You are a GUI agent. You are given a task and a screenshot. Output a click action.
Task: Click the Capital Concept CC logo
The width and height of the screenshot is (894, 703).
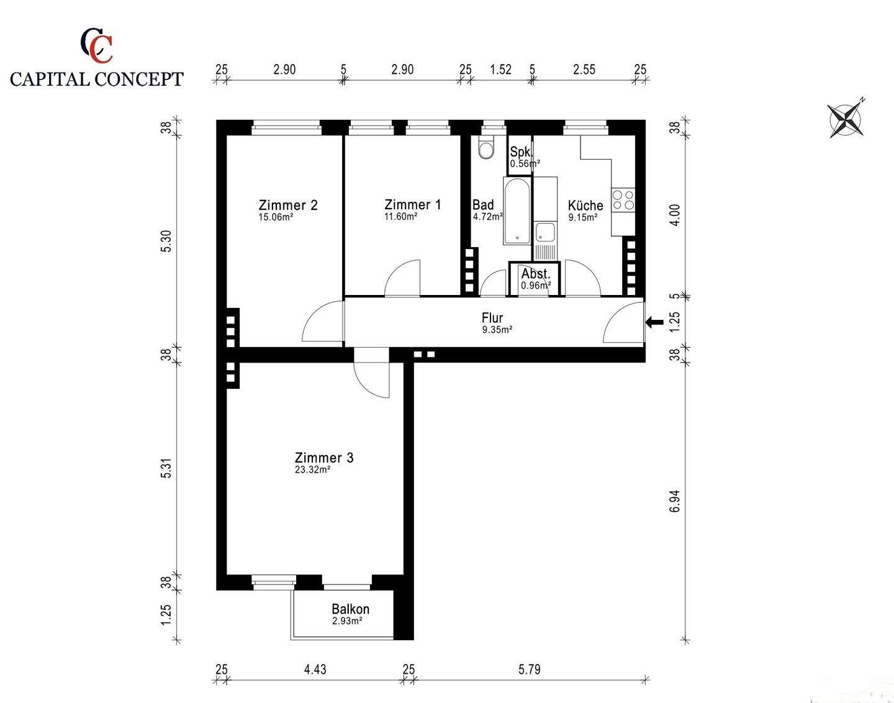point(96,45)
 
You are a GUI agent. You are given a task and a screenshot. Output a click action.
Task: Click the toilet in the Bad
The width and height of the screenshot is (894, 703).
point(485,148)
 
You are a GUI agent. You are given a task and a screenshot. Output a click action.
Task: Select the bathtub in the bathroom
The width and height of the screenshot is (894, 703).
point(517,211)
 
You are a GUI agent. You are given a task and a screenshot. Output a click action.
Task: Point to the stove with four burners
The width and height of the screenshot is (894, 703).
point(623,200)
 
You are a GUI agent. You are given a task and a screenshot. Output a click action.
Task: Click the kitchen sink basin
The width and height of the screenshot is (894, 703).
point(545,232)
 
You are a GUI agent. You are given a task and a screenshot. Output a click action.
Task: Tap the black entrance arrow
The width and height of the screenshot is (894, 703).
point(654,322)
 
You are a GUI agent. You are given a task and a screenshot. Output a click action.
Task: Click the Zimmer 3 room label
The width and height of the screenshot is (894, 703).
point(324,458)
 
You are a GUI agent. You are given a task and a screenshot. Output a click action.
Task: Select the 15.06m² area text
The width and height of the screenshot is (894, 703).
point(276,217)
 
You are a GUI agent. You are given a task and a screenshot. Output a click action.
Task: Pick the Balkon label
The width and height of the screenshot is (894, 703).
point(350,609)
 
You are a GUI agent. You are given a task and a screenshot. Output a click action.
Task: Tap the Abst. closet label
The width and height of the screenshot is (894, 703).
point(536,274)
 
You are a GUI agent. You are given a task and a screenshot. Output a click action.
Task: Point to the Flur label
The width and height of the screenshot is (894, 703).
point(492,318)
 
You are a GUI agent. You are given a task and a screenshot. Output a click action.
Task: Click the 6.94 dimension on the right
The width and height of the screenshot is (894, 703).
point(675,502)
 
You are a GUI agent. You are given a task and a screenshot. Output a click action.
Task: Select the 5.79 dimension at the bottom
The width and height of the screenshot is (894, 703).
point(529,669)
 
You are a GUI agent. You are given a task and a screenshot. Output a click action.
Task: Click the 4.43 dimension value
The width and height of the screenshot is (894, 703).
point(315,669)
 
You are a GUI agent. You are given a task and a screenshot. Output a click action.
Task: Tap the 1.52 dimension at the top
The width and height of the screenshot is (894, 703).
point(500,70)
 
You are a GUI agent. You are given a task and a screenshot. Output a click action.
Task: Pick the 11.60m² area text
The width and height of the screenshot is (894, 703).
point(401,217)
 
